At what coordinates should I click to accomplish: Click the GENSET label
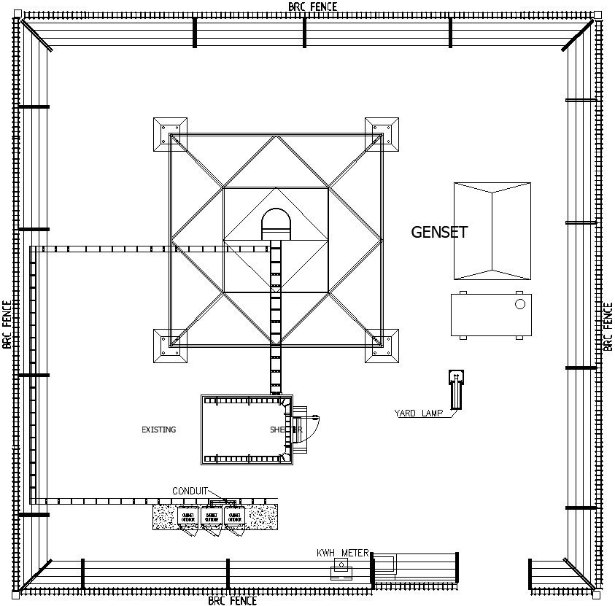coord(439,233)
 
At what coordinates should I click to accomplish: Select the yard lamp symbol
coord(455,388)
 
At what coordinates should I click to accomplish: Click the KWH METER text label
coord(342,553)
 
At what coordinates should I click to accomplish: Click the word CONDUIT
coord(190,491)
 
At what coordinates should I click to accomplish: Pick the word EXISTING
coord(158,430)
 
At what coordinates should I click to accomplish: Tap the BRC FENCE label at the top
coord(313,7)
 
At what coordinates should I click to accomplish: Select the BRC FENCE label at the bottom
coord(232,601)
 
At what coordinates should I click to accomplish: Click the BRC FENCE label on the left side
coord(7,325)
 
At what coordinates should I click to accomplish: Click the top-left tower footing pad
coord(170,134)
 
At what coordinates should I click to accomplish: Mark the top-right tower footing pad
coord(382,134)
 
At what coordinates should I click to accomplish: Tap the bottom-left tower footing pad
coord(170,346)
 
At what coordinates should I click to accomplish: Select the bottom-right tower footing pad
coord(382,346)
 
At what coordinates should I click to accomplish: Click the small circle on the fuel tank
coord(519,304)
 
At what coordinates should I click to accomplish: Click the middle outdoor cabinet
coord(212,518)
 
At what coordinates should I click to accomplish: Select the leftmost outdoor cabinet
coord(187,518)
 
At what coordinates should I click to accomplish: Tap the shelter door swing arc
coord(311,430)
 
